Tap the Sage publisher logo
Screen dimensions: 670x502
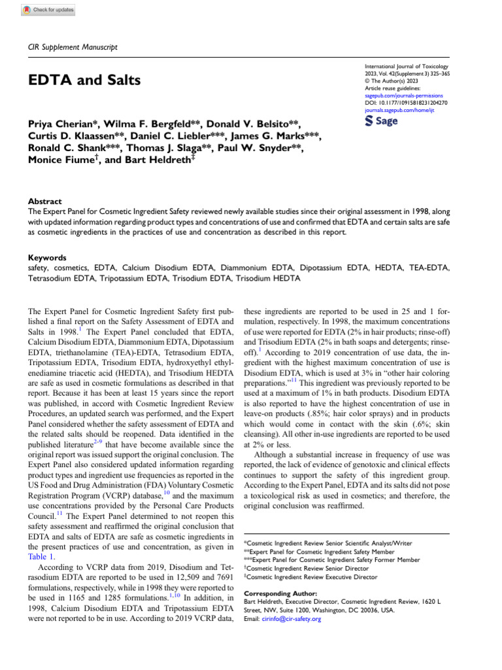tap(380, 121)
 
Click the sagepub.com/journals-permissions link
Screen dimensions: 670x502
tap(402, 95)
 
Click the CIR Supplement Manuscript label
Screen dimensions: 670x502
tap(73, 48)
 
